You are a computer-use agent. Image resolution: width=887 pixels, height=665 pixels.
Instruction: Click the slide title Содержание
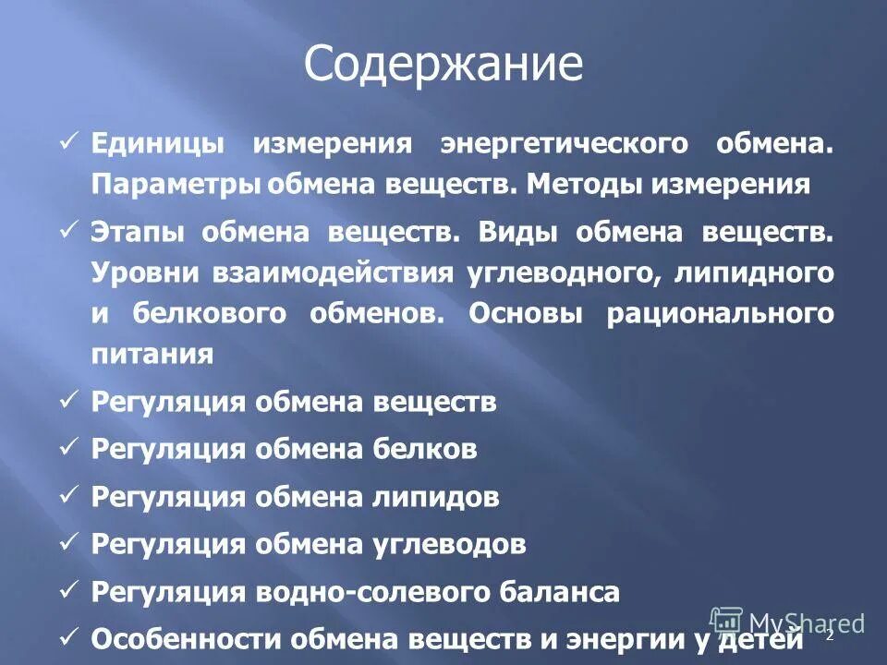point(443,65)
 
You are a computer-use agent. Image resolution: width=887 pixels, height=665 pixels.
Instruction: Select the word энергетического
point(564,145)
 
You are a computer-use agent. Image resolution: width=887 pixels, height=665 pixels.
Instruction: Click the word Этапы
point(137,233)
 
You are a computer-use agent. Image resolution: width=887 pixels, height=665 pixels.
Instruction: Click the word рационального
point(720,312)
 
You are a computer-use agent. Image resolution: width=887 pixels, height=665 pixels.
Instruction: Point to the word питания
point(152,353)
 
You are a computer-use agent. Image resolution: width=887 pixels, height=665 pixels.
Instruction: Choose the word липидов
point(437,498)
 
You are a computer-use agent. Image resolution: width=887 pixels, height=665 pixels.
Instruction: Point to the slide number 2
point(829,635)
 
